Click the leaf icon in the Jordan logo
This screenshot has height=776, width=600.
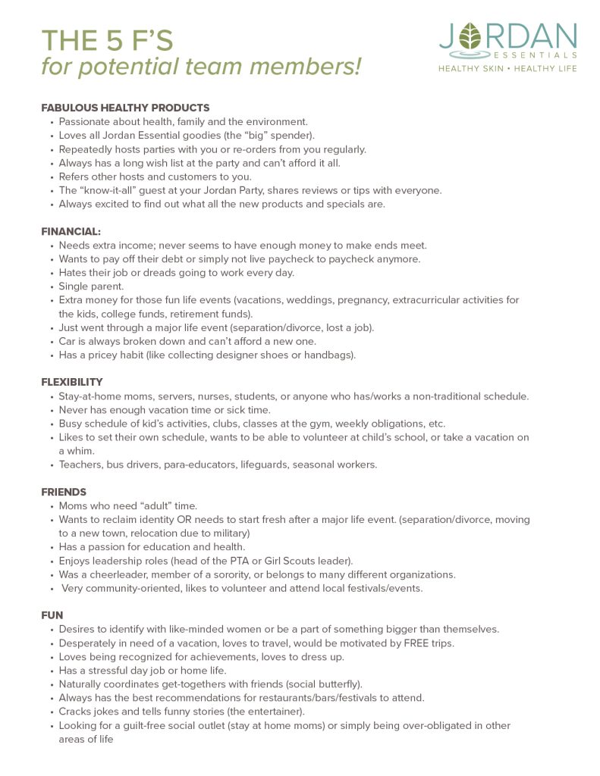(472, 36)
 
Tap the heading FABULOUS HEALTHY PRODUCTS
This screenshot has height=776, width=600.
(125, 108)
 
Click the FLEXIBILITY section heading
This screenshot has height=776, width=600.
(72, 382)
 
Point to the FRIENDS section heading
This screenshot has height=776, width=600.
(64, 492)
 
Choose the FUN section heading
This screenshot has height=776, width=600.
(52, 615)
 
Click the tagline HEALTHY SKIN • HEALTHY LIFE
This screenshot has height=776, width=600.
(507, 68)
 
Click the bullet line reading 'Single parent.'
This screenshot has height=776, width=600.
(92, 286)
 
